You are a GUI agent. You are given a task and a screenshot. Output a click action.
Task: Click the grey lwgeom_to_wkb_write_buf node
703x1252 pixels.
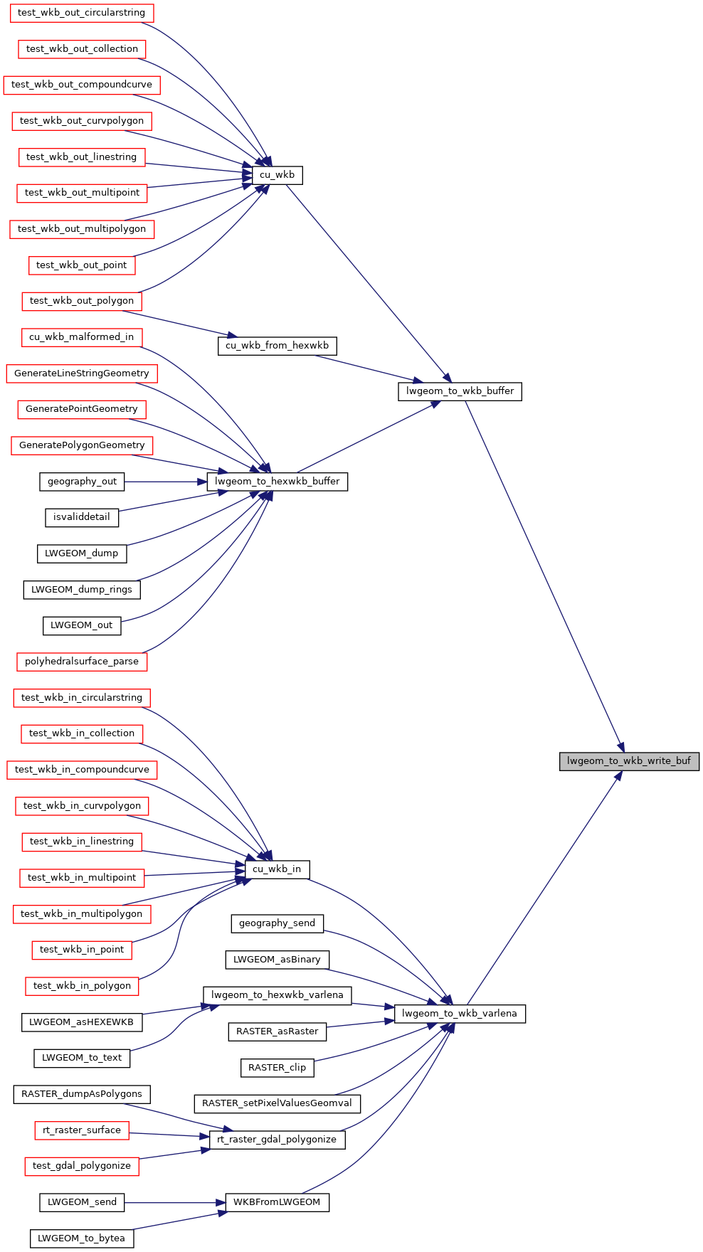[x=629, y=761]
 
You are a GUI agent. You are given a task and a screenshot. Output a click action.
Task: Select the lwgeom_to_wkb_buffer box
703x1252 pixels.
[x=460, y=391]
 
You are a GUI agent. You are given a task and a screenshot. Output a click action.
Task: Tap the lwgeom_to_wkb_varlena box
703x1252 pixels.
[x=460, y=1014]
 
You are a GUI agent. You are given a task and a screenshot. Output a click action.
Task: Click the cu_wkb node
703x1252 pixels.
[x=277, y=175]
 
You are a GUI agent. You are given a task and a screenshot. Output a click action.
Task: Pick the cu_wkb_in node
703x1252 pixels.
[x=277, y=869]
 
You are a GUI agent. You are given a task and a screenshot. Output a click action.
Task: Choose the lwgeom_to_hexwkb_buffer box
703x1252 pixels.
[x=277, y=482]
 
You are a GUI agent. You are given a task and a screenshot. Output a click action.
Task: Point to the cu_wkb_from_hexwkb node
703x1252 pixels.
[x=277, y=346]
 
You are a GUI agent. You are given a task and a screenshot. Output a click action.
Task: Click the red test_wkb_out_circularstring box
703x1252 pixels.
[x=82, y=13]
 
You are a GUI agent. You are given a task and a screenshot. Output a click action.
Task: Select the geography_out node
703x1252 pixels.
[x=82, y=482]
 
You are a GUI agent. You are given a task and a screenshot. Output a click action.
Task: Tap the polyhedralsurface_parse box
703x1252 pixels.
[x=82, y=662]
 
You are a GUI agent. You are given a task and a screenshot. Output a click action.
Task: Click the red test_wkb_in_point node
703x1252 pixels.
[x=82, y=950]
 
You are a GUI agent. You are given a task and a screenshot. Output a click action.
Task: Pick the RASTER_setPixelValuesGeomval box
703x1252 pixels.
[x=277, y=1103]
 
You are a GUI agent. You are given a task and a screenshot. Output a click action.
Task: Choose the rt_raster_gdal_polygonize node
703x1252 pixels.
[x=277, y=1140]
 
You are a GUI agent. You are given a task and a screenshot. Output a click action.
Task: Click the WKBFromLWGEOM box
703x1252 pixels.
[x=277, y=1202]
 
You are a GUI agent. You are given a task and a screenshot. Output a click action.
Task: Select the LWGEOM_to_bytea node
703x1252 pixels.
[x=82, y=1238]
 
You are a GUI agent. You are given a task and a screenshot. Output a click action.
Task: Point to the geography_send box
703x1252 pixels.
[x=277, y=923]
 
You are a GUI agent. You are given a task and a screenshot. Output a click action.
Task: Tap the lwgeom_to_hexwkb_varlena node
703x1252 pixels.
[x=277, y=995]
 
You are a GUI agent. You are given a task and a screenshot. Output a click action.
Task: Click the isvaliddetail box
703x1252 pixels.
[x=82, y=517]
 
